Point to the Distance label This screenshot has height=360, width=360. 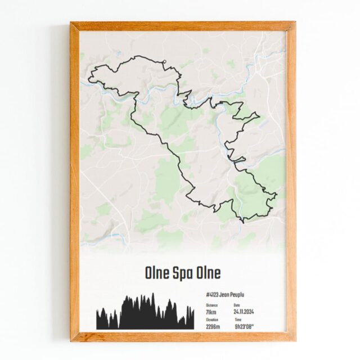(x=211, y=305)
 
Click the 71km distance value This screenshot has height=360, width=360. (x=211, y=312)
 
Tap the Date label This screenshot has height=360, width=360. (x=237, y=305)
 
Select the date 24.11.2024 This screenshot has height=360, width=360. (x=244, y=312)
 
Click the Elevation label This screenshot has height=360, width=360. (x=212, y=319)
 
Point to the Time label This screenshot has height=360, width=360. (x=238, y=319)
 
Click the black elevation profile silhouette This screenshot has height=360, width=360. (x=145, y=315)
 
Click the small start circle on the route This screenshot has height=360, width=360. (x=164, y=62)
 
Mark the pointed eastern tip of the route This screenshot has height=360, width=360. (x=276, y=195)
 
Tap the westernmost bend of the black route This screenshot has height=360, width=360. (x=88, y=80)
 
